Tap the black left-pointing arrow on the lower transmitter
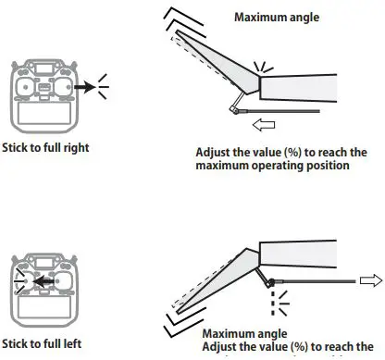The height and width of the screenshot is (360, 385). pos(40,275)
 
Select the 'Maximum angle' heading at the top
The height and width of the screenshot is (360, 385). pos(277,18)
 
